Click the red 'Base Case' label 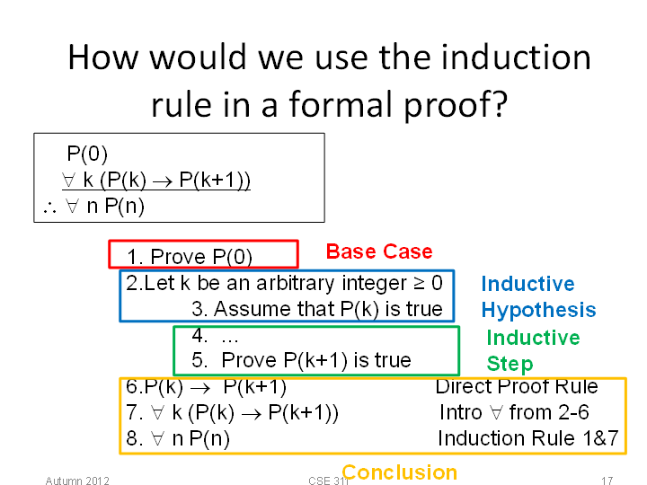(379, 251)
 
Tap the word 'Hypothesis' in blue (538, 310)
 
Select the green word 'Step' (510, 364)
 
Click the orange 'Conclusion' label (399, 472)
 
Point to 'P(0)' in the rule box (87, 154)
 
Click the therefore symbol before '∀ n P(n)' (49, 208)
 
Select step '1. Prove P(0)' (190, 257)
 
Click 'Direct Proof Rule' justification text (517, 386)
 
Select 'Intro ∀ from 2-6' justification (514, 412)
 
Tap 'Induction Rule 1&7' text (528, 438)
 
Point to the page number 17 (607, 481)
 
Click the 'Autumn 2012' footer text (77, 481)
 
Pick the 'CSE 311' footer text (329, 481)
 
